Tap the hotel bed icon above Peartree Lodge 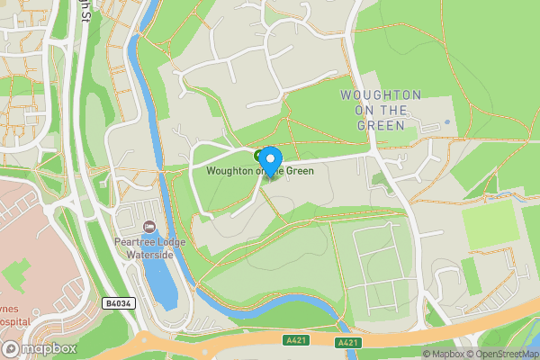pyautogui.click(x=149, y=225)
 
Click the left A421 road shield pyautogui.click(x=295, y=339)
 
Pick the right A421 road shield pyautogui.click(x=349, y=343)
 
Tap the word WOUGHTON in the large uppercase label pyautogui.click(x=381, y=94)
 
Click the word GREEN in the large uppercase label pyautogui.click(x=381, y=125)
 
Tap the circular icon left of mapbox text pyautogui.click(x=12, y=348)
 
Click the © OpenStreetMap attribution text pyautogui.click(x=501, y=354)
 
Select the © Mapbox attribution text pyautogui.click(x=444, y=354)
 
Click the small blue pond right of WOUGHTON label pyautogui.click(x=447, y=122)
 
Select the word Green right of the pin pyautogui.click(x=300, y=171)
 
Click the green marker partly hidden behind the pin pyautogui.click(x=259, y=156)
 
